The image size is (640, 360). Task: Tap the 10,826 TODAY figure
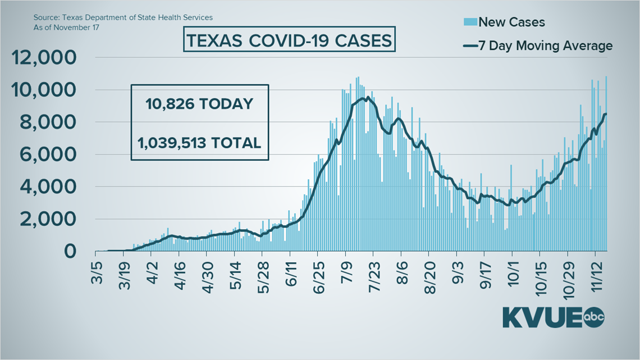tap(200, 104)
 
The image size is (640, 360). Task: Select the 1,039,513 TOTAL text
tap(200, 143)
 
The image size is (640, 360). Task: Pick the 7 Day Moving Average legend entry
tap(537, 46)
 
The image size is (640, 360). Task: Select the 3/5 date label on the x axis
tap(99, 270)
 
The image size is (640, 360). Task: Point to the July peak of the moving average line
tap(367, 98)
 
